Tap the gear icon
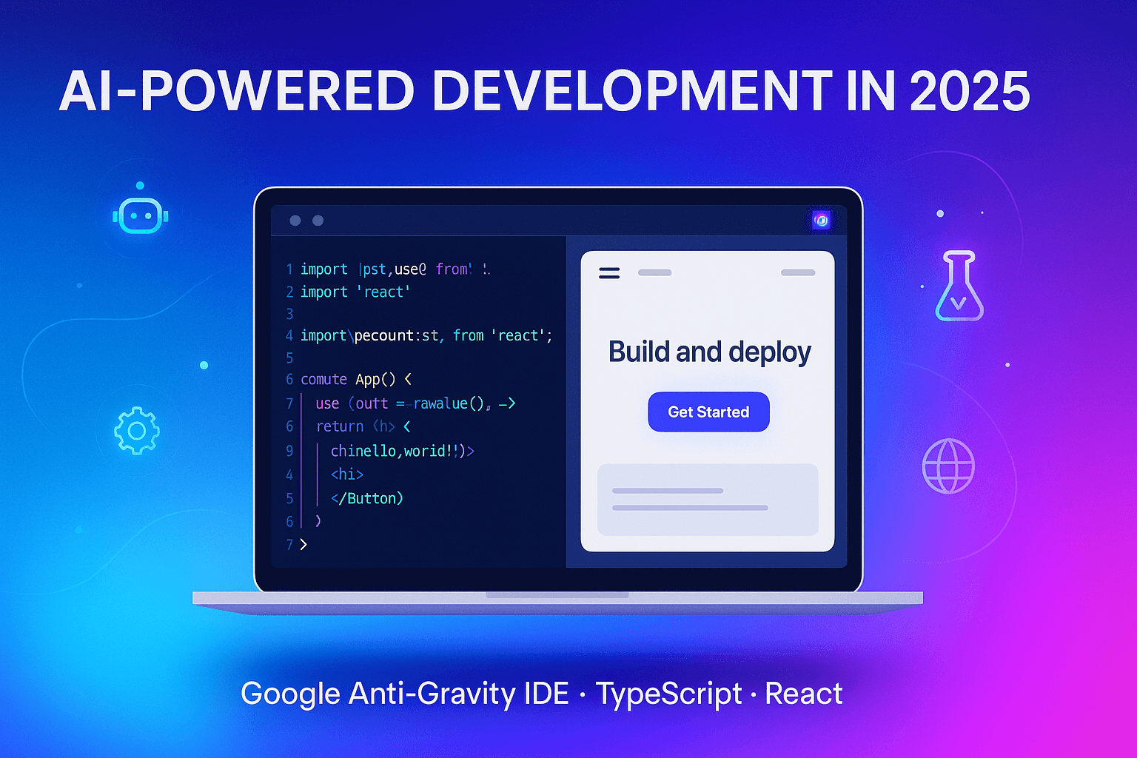(x=136, y=431)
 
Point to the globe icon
(x=948, y=466)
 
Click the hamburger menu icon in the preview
(x=609, y=273)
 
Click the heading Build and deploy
(x=709, y=352)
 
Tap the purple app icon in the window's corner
(x=821, y=220)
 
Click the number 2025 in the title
(x=969, y=93)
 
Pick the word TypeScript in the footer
(x=668, y=694)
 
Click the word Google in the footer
(x=289, y=694)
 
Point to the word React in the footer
(x=803, y=694)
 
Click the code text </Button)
(x=366, y=498)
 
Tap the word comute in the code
(x=323, y=380)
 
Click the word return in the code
(x=340, y=426)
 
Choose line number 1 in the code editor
(x=289, y=269)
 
